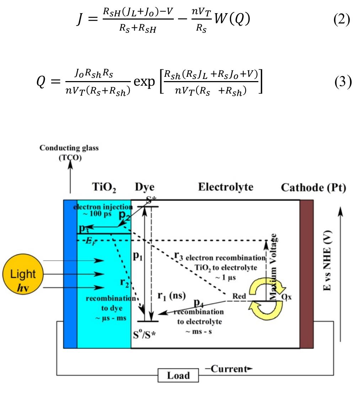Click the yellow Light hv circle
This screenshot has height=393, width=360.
(x=23, y=279)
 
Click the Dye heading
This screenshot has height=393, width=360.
(x=145, y=187)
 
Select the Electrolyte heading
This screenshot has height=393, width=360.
(x=225, y=187)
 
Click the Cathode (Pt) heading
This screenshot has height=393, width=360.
(x=313, y=187)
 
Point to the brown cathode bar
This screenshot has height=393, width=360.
(x=307, y=274)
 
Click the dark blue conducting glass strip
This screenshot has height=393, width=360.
(x=70, y=274)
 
